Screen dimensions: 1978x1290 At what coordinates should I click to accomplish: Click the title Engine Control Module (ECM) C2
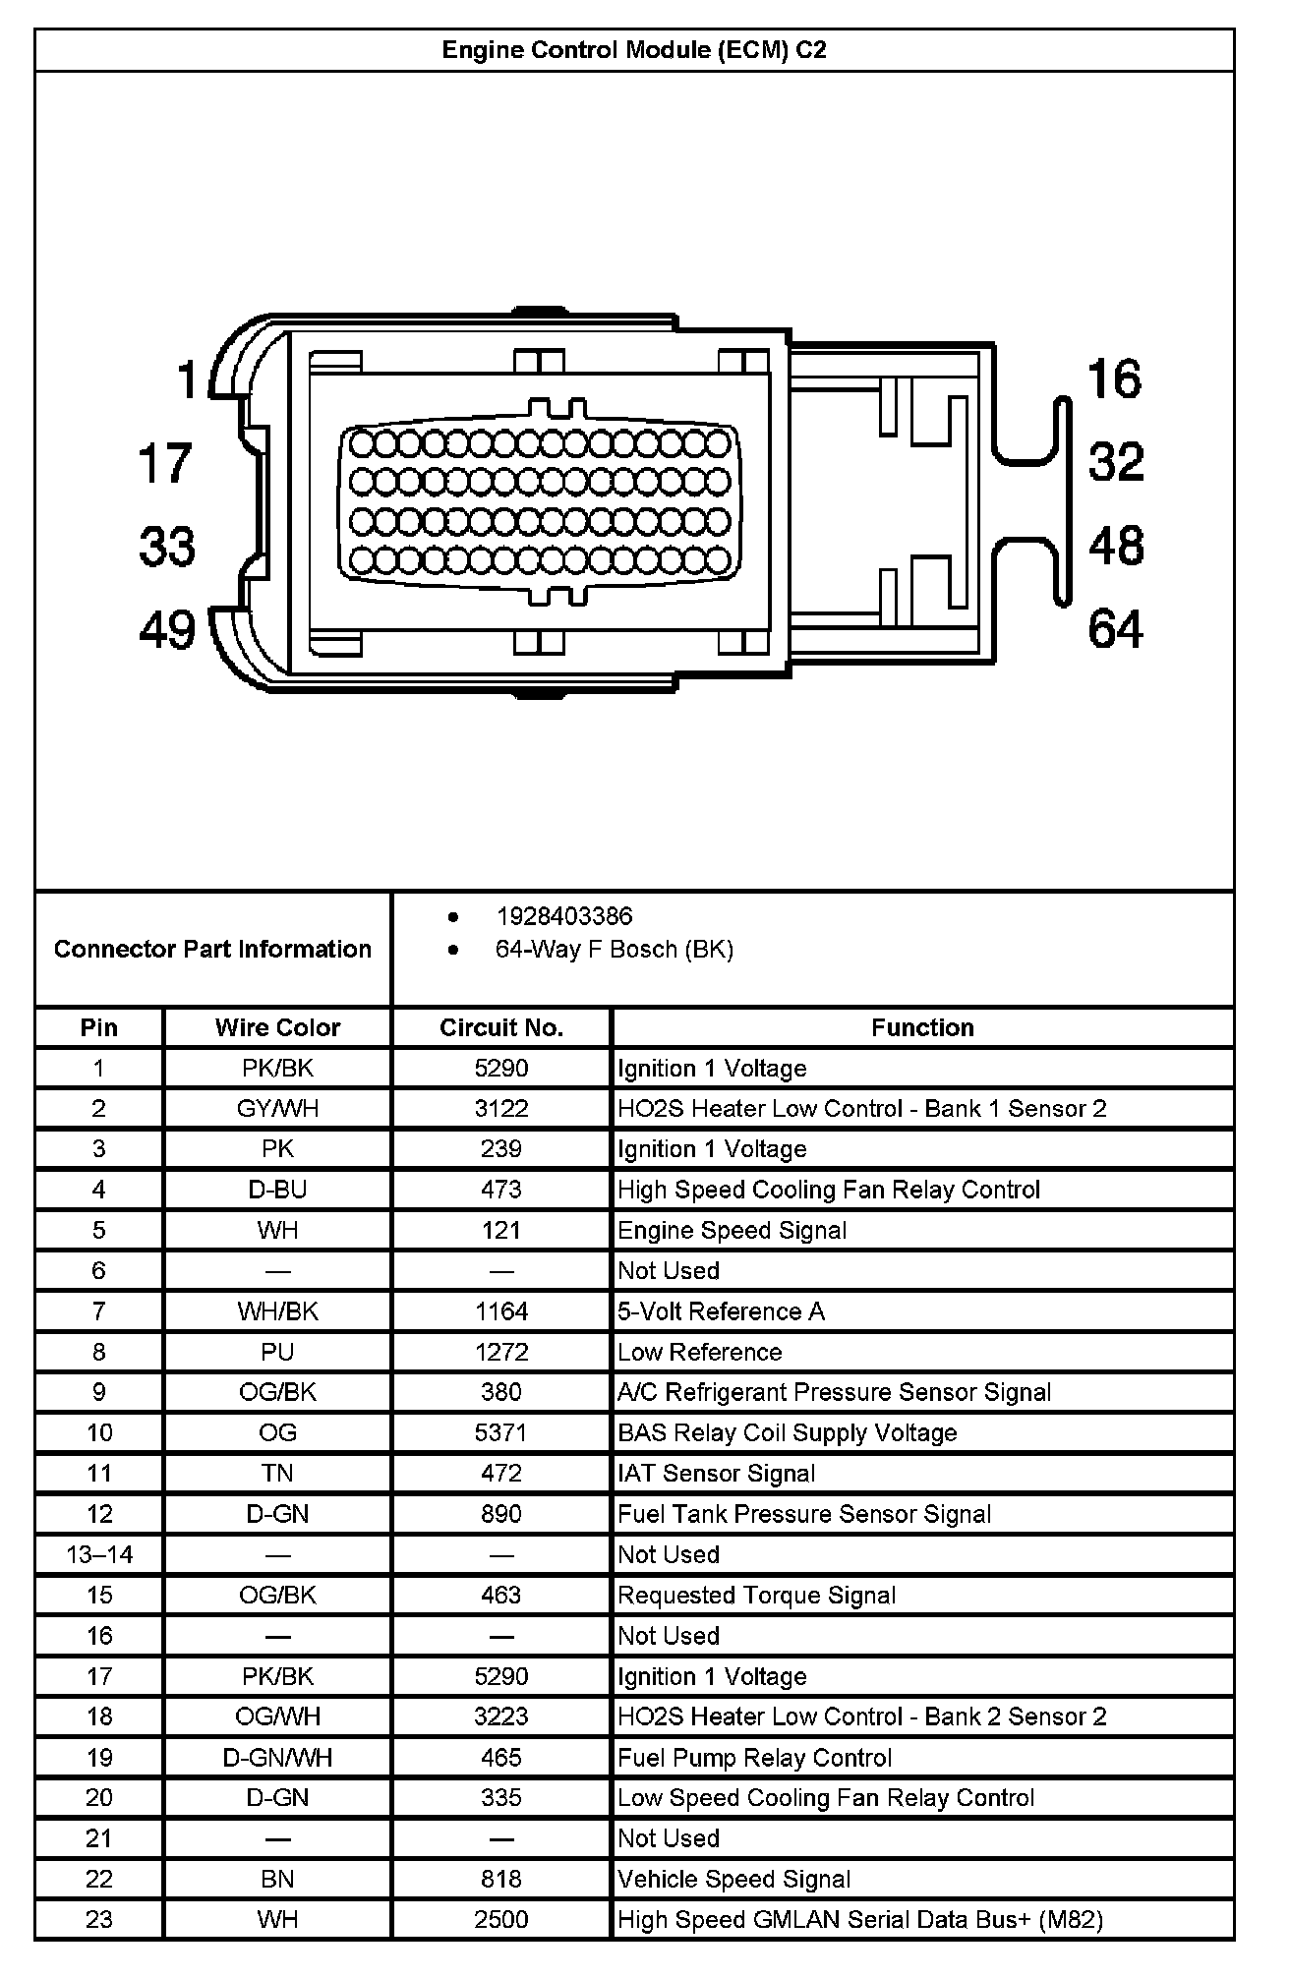(x=634, y=50)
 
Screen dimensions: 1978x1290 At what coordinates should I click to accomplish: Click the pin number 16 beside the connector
(x=1115, y=378)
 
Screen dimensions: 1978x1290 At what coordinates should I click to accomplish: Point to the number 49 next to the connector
(x=167, y=629)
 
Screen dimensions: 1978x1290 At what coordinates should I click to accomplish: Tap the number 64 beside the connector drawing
(x=1115, y=629)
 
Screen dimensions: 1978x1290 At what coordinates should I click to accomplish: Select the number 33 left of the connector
(x=167, y=546)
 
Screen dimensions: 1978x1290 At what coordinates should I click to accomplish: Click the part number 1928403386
(x=564, y=916)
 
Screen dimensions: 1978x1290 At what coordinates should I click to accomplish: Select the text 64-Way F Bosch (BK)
(x=615, y=950)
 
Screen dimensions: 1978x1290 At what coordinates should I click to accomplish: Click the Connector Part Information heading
(x=212, y=949)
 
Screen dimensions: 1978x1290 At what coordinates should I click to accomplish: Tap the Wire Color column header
(x=277, y=1027)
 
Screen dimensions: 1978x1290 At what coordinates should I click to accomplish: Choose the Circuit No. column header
(x=501, y=1027)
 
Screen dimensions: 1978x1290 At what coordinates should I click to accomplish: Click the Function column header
(x=922, y=1027)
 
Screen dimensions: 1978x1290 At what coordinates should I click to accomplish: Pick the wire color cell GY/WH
(x=277, y=1109)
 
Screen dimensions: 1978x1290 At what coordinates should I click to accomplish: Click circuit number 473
(x=501, y=1190)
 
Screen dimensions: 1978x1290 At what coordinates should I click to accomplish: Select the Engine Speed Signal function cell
(x=733, y=1230)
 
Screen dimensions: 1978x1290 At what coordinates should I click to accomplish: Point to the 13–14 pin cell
(x=99, y=1554)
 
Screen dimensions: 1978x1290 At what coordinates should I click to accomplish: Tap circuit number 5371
(x=501, y=1432)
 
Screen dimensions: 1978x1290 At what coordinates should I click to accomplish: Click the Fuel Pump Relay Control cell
(x=755, y=1757)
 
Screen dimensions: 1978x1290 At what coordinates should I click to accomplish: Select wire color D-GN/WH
(x=277, y=1757)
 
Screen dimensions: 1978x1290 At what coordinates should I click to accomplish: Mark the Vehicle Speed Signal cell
(x=734, y=1879)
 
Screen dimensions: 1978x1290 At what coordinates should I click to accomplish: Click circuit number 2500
(x=501, y=1919)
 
